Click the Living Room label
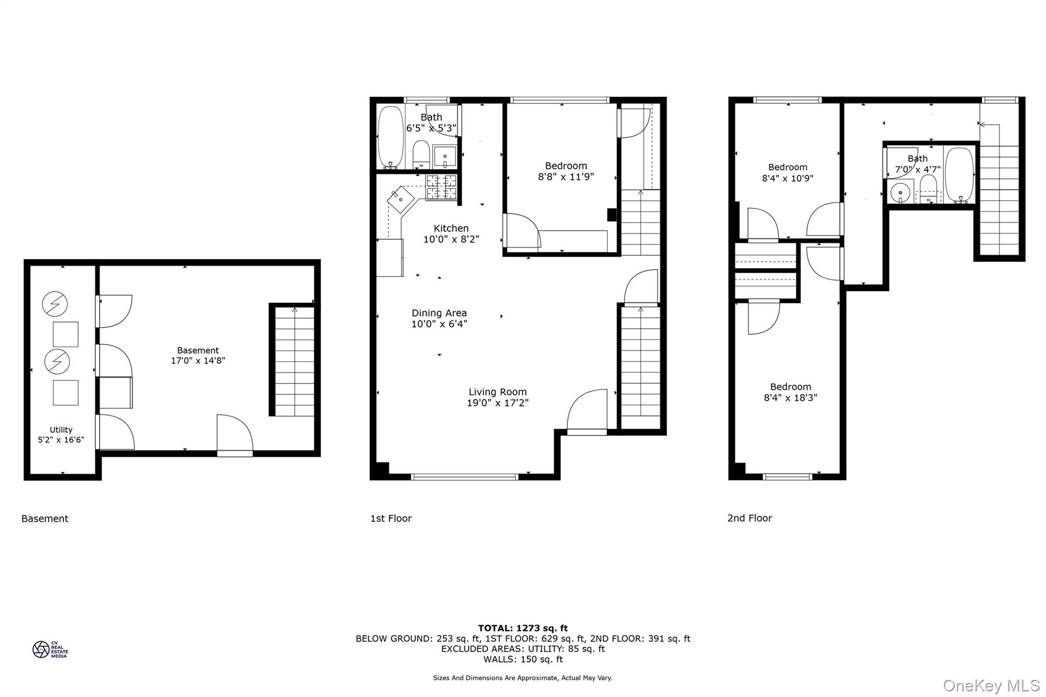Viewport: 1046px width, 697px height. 497,392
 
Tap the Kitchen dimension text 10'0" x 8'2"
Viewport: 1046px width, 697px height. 451,239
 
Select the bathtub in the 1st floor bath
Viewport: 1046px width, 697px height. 391,136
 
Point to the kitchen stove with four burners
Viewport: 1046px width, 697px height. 441,186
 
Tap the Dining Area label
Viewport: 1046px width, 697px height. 439,313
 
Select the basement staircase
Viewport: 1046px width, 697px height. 295,360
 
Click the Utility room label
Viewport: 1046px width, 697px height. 61,430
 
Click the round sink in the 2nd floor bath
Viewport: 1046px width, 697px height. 900,193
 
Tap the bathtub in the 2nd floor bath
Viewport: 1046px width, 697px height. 959,175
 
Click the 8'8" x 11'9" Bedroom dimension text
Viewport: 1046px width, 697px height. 565,177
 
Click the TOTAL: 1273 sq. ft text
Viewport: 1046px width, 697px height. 522,628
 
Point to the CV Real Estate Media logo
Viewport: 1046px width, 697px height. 50,650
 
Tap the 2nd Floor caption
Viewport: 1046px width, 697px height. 749,518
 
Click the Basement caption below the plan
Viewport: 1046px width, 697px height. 45,519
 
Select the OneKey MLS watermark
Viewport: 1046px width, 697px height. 991,685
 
